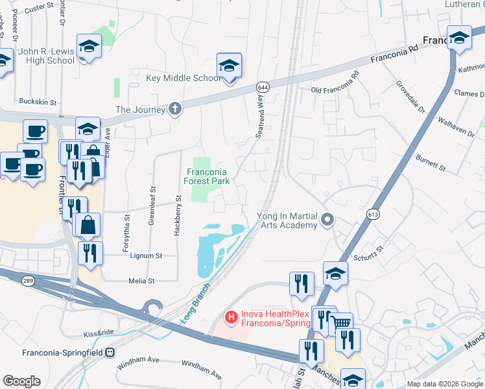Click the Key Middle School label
[183, 78]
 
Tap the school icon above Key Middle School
[229, 65]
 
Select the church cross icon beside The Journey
[174, 110]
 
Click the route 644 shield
[263, 87]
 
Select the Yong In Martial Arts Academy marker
[327, 220]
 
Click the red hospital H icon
[230, 317]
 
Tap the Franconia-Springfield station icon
[110, 353]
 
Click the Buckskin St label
[38, 102]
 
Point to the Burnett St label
[431, 162]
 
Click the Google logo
[21, 381]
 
